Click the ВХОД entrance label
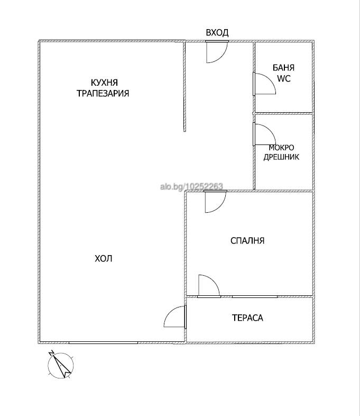(x=217, y=33)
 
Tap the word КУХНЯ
(x=104, y=83)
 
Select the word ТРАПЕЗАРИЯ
(x=103, y=93)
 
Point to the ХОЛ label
(x=104, y=258)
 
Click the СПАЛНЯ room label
(x=247, y=241)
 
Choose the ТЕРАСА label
(x=247, y=318)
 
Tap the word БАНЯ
(x=283, y=68)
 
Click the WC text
(x=283, y=78)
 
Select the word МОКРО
(x=281, y=148)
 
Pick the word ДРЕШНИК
(x=281, y=157)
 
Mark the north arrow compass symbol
(x=61, y=365)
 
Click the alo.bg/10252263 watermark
(x=191, y=186)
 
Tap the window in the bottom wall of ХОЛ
(x=103, y=343)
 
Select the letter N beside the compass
(x=51, y=353)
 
